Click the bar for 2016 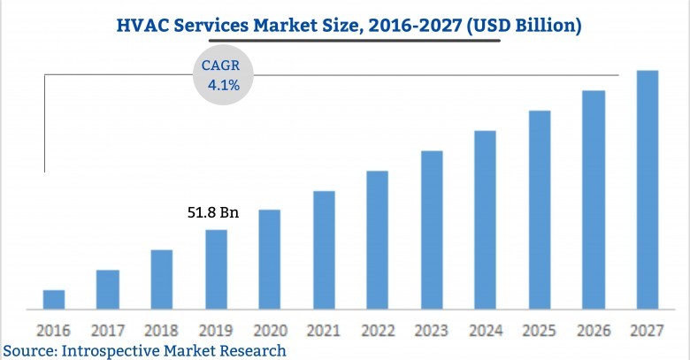click(x=54, y=300)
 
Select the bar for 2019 click(x=216, y=270)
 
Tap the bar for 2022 click(x=378, y=240)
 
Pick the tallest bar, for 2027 click(x=648, y=190)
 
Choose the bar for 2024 click(x=486, y=220)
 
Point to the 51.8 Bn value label click(x=213, y=212)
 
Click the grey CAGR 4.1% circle click(x=223, y=76)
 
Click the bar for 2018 click(x=162, y=280)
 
